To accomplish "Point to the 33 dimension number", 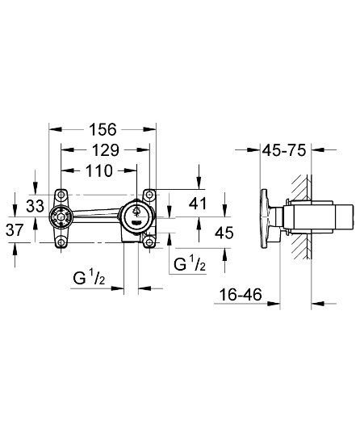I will (x=35, y=205).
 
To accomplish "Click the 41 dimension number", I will (x=198, y=204).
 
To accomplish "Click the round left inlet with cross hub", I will (x=57, y=216).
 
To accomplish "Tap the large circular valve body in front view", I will (x=136, y=216).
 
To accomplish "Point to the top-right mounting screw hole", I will (x=149, y=195).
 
